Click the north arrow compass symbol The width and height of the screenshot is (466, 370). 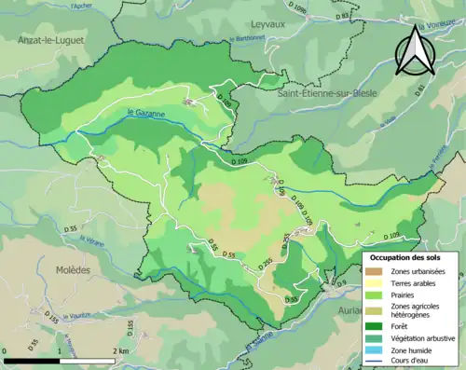coord(416,50)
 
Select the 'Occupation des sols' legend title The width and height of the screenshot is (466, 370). coord(406,256)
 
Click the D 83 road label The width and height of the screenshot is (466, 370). coord(342,16)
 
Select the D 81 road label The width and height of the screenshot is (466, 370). coord(419,89)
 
